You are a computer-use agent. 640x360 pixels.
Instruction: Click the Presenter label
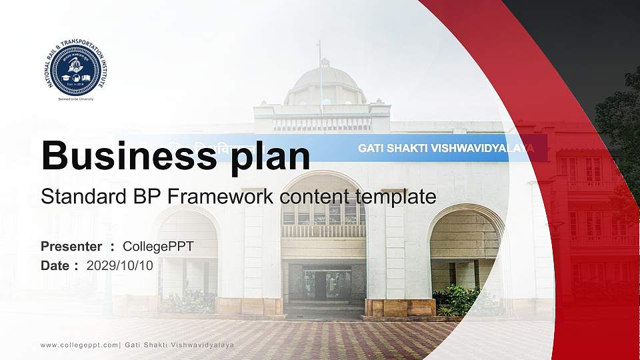point(71,247)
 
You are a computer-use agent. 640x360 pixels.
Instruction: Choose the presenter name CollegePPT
point(158,247)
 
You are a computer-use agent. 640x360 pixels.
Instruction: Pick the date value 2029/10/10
point(120,265)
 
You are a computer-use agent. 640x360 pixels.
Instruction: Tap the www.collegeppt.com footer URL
point(79,345)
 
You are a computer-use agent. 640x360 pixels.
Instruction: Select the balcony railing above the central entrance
point(323,231)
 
